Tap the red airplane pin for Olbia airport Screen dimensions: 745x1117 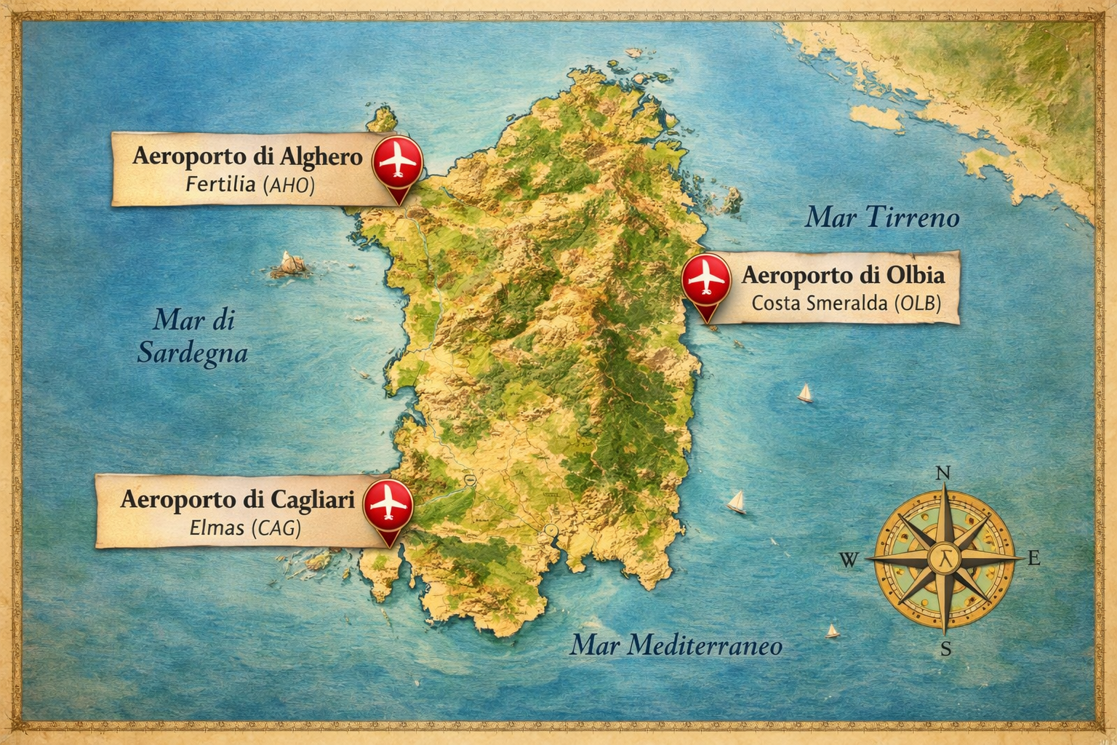(x=706, y=279)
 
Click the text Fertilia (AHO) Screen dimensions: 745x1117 (x=250, y=184)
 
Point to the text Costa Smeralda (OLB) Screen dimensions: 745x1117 (x=846, y=303)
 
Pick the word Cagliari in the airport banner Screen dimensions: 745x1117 (x=313, y=500)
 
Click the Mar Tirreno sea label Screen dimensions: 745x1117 (x=882, y=217)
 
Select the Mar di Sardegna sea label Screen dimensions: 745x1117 (x=193, y=336)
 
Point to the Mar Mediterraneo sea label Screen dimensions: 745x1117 (x=676, y=645)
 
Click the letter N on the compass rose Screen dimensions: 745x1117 (x=943, y=473)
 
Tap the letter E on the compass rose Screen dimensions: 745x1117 (x=1034, y=559)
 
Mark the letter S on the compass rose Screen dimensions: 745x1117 (x=945, y=649)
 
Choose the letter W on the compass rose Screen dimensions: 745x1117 (x=849, y=560)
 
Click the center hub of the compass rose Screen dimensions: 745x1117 (x=945, y=559)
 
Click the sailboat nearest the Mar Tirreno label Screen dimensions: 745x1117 (x=805, y=394)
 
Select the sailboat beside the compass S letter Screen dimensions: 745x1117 (x=833, y=631)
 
